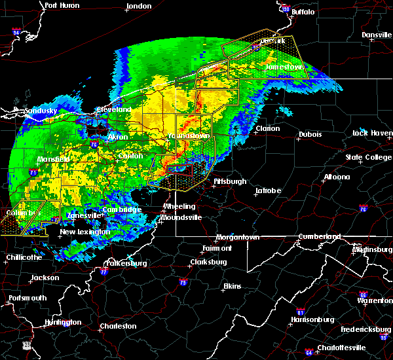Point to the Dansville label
(x=376, y=35)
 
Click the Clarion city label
(x=267, y=129)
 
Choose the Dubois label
(x=310, y=134)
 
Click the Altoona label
(x=336, y=177)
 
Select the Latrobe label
(x=269, y=191)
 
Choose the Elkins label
(x=232, y=286)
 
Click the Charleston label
(x=118, y=326)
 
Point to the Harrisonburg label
(x=314, y=319)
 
